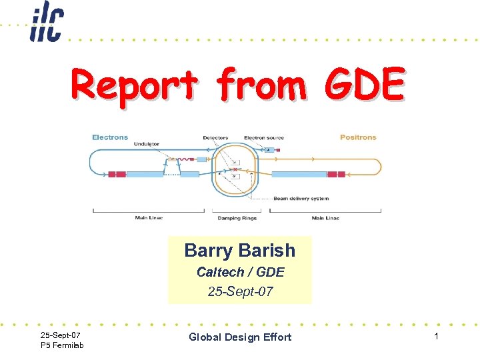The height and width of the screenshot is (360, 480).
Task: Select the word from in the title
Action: coord(261,86)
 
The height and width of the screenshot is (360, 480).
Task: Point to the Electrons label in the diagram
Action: coord(110,137)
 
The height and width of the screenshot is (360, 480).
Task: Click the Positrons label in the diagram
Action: coord(358,137)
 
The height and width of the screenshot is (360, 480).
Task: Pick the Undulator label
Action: coord(146,143)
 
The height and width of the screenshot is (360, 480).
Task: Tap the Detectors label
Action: coord(215,138)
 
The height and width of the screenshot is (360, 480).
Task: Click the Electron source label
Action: coord(263,138)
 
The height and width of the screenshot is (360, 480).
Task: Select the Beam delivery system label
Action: coord(301,198)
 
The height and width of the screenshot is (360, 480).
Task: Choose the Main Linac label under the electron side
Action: coord(149,218)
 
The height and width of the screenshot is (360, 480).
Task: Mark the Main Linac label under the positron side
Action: coord(325,218)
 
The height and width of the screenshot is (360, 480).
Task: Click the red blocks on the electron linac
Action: coord(117,174)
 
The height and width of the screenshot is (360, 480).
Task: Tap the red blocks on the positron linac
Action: coord(336,174)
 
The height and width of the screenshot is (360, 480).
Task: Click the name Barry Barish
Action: coord(239,251)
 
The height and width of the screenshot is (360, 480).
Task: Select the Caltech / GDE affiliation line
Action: coord(240,272)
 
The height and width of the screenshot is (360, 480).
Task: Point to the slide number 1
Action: coord(436,337)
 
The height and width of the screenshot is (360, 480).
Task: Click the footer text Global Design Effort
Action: coord(240,337)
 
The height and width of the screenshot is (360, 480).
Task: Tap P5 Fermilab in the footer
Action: coord(62,345)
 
